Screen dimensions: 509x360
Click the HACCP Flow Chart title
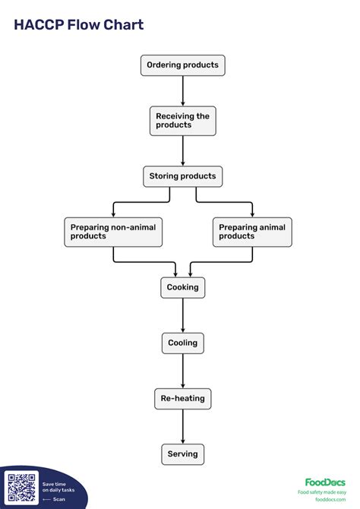point(79,25)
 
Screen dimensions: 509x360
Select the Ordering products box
point(183,65)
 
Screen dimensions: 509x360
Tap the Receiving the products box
point(183,121)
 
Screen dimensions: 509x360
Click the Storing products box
point(183,176)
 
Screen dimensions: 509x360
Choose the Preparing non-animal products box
point(113,232)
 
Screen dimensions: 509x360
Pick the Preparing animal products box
point(252,232)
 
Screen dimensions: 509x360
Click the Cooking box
point(183,287)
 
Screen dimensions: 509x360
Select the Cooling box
point(183,343)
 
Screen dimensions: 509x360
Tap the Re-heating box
point(183,398)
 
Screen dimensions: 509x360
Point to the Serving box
point(183,454)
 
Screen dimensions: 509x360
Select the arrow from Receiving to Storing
point(183,150)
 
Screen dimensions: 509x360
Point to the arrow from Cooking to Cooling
point(183,315)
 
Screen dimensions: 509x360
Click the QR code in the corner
point(21,487)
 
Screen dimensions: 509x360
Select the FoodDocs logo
point(325,482)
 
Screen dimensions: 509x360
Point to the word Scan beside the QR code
point(59,499)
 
